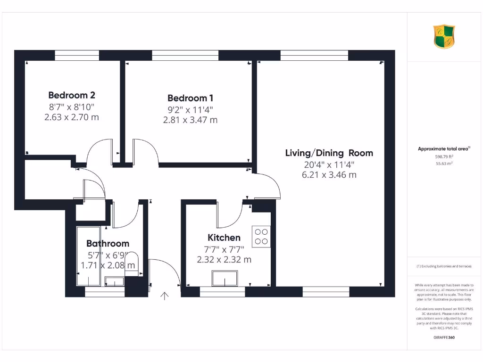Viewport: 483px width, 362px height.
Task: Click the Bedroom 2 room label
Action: pyautogui.click(x=72, y=95)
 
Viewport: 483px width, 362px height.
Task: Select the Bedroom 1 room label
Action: pyautogui.click(x=190, y=98)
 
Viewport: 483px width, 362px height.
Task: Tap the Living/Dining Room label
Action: pyautogui.click(x=329, y=153)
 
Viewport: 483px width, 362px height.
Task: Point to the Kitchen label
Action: pyautogui.click(x=224, y=238)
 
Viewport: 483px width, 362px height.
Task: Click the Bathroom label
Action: pyautogui.click(x=108, y=243)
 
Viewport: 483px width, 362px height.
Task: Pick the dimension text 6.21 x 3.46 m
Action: pyautogui.click(x=329, y=175)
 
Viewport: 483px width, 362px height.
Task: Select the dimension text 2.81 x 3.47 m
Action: pyautogui.click(x=190, y=120)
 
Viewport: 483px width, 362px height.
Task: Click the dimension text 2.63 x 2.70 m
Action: pyautogui.click(x=72, y=117)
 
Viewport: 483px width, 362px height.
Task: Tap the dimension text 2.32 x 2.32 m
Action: pyautogui.click(x=224, y=259)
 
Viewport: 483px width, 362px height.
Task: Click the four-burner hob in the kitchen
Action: pyautogui.click(x=261, y=236)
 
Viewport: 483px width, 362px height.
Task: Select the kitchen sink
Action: pyautogui.click(x=225, y=279)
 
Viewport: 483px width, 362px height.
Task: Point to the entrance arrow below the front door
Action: pyautogui.click(x=165, y=296)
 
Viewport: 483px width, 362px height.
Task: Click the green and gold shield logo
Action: pyautogui.click(x=444, y=37)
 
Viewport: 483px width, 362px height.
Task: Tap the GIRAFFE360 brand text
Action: pyautogui.click(x=443, y=337)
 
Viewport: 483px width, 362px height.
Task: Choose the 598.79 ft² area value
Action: pyautogui.click(x=443, y=156)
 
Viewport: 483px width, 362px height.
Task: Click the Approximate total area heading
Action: pyautogui.click(x=443, y=149)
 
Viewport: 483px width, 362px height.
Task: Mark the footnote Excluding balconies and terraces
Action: pyautogui.click(x=443, y=266)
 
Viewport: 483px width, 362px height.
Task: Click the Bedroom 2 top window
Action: pyautogui.click(x=77, y=56)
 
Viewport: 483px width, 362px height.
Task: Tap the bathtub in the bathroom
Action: pyautogui.click(x=89, y=256)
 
